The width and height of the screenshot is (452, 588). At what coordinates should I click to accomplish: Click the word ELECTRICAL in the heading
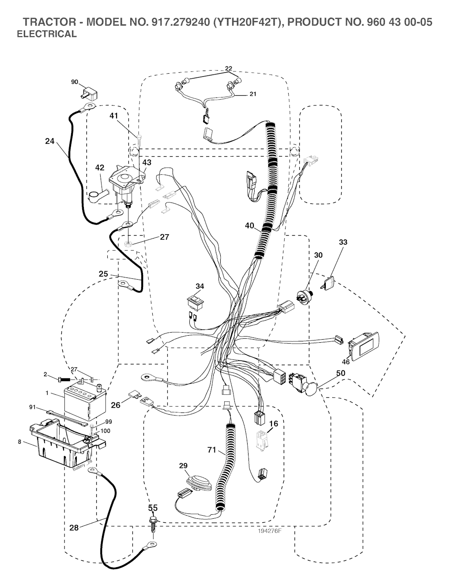[46, 34]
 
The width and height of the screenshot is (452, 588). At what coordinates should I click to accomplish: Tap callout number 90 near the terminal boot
[75, 82]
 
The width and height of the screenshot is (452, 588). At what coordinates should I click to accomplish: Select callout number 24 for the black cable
[49, 142]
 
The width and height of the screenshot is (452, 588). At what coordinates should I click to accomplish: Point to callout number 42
[100, 168]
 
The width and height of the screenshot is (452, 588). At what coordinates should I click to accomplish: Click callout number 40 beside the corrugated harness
[250, 225]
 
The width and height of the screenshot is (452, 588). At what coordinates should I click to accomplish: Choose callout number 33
[343, 242]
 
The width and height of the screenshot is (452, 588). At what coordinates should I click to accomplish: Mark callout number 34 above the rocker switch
[200, 286]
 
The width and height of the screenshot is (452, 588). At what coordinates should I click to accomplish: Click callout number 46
[346, 362]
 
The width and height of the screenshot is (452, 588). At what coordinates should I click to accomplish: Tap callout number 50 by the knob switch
[340, 373]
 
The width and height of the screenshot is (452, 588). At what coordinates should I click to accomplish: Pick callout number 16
[274, 423]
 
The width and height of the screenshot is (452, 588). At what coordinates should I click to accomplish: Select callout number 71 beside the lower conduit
[212, 450]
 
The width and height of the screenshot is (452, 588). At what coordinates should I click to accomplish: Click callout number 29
[183, 466]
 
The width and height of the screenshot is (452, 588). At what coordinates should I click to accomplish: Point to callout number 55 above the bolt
[153, 508]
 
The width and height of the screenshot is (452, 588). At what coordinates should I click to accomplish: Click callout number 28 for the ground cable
[74, 528]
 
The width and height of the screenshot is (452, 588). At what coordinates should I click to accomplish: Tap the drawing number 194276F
[270, 531]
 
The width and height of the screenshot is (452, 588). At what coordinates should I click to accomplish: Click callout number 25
[103, 274]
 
